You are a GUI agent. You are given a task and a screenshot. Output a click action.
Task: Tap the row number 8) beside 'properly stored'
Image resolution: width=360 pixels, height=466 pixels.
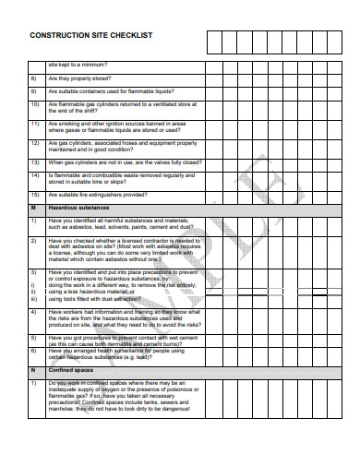tap(32, 78)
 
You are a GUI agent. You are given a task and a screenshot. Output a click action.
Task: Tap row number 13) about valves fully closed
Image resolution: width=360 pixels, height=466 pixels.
tap(33, 161)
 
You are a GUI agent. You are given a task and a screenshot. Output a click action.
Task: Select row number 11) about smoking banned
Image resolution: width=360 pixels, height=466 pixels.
tap(33, 124)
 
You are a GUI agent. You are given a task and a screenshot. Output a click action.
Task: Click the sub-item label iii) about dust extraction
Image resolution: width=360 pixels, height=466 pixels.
tap(32, 300)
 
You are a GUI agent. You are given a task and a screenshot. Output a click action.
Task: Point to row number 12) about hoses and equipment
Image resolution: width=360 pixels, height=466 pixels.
tap(33, 143)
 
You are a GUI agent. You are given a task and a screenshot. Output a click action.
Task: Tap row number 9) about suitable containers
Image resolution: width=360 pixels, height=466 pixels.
tap(32, 91)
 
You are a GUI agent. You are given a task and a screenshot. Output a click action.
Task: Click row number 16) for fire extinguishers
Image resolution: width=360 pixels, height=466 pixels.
tap(33, 195)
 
